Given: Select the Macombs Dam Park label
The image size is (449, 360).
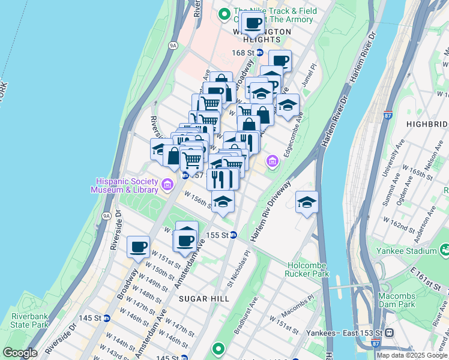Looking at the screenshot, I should coord(406,300).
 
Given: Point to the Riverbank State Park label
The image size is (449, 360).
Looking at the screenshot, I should coord(29,320).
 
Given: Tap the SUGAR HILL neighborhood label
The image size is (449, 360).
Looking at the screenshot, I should coord(215,299).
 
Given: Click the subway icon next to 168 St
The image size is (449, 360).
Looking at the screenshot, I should coord(259,53).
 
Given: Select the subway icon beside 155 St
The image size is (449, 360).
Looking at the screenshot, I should coord(234,235).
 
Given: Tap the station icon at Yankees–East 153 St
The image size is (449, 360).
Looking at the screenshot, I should coord(389,332).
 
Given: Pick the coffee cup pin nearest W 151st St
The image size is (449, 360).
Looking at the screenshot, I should coord(138,246).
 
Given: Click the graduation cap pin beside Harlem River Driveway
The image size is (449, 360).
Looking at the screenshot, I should coord(307,202).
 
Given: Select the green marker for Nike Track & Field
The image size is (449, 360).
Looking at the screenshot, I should coord(225,13).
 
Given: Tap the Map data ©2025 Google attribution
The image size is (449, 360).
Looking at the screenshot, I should coord(412,355).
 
